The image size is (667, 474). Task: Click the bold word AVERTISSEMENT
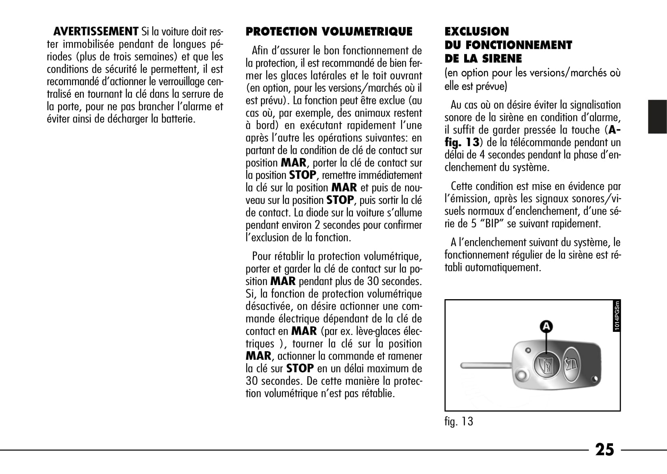pyautogui.click(x=96, y=31)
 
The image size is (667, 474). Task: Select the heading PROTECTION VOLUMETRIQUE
pyautogui.click(x=329, y=31)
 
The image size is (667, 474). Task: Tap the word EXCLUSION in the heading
pyautogui.click(x=477, y=31)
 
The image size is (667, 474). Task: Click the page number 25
pyautogui.click(x=604, y=450)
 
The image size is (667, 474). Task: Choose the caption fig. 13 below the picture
pyautogui.click(x=459, y=422)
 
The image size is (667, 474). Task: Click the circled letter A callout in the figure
pyautogui.click(x=546, y=326)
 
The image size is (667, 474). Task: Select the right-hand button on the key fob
pyautogui.click(x=571, y=364)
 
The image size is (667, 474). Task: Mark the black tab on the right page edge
pyautogui.click(x=657, y=117)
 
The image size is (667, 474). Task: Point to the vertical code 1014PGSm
pyautogui.click(x=617, y=316)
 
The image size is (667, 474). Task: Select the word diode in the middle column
pyautogui.click(x=317, y=213)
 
